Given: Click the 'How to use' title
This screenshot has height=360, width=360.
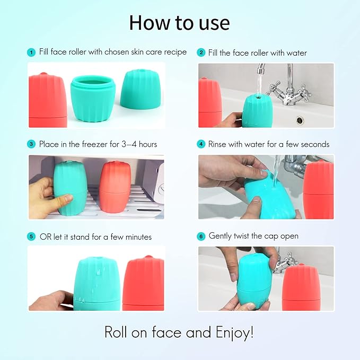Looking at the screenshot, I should tap(180, 23).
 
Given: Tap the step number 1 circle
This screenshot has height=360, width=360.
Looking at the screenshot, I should tap(31, 52).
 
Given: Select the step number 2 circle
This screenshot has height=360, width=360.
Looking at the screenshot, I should tap(201, 52).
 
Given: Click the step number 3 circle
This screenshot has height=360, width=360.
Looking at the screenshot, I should tap(31, 144).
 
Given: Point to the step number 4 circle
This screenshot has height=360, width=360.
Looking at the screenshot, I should tap(201, 144).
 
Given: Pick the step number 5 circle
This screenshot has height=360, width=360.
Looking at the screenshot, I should tap(31, 236).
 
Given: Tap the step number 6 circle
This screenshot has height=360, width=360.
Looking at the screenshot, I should tap(201, 236).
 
